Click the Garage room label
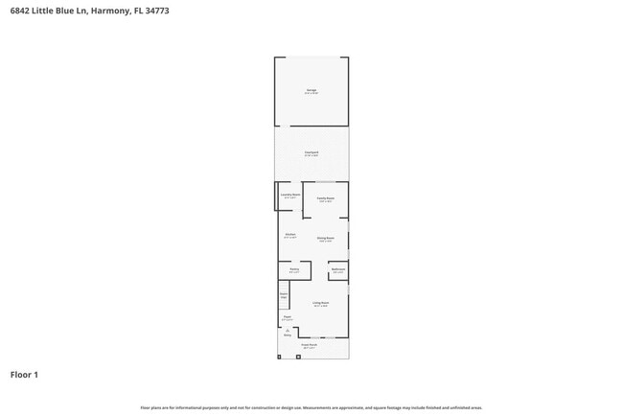(311, 90)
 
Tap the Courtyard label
(311, 152)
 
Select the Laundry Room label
(290, 196)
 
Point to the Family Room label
(325, 199)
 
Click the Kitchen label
(290, 235)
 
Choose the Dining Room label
(325, 239)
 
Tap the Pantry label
(294, 270)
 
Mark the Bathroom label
(337, 270)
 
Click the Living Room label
(321, 304)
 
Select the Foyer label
(287, 317)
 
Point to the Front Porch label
(310, 345)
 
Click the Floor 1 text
(24, 375)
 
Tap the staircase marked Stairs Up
(284, 296)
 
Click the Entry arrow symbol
(287, 330)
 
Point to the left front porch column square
(279, 357)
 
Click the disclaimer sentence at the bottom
(311, 407)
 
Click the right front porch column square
(298, 357)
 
